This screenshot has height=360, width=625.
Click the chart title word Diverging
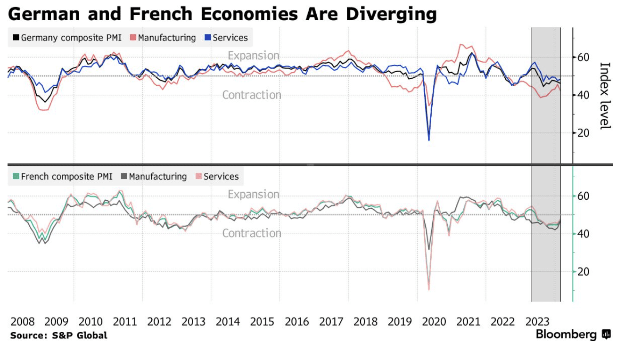point(391,14)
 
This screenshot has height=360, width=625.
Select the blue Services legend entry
point(226,38)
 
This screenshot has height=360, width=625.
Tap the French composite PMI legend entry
point(62,176)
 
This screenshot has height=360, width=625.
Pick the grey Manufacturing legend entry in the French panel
point(154,176)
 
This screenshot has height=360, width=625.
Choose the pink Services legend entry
point(217,176)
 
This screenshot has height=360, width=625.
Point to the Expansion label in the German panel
point(254,56)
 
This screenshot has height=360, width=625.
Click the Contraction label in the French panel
point(252,233)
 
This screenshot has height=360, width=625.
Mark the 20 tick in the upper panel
point(584,133)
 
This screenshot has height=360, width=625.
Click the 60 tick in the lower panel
point(584,196)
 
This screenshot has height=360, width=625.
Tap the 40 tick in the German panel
point(584,95)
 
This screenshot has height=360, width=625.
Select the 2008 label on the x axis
point(22,322)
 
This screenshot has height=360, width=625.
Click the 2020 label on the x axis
point(434,322)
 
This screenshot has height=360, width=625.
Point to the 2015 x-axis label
point(262,322)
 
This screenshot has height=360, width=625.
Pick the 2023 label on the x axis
point(537,322)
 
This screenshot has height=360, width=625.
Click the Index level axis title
point(605,96)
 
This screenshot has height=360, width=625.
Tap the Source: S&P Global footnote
point(59,335)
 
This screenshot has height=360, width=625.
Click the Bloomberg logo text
point(567,335)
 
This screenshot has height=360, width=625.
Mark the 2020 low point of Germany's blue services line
point(429,140)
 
